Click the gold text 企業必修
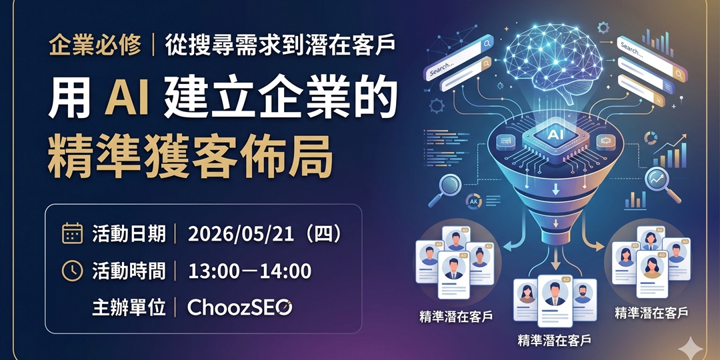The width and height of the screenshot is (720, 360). [x=95, y=45]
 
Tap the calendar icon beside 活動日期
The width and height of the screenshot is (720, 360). [x=72, y=233]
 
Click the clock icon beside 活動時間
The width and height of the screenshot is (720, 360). [x=72, y=271]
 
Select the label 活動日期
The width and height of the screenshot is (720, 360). [x=129, y=233]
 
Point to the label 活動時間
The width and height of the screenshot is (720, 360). [x=129, y=271]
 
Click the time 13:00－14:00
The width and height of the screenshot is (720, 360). [x=250, y=271]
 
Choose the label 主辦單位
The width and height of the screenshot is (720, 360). [x=129, y=307]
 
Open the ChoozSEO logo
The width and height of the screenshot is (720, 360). [x=239, y=307]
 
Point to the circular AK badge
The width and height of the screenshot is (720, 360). [x=475, y=201]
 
